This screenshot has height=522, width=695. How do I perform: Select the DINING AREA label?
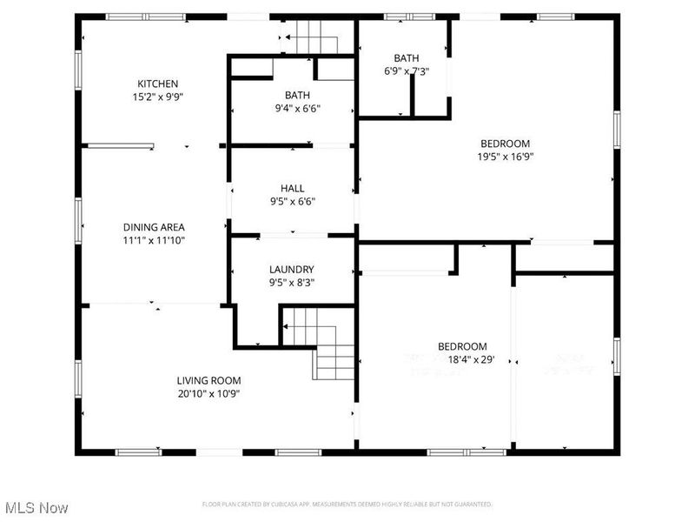(x=153, y=227)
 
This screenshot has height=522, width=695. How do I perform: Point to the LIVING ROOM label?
(x=208, y=380)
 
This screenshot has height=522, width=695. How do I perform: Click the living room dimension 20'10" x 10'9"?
(x=208, y=393)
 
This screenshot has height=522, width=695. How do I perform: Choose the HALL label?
(x=292, y=188)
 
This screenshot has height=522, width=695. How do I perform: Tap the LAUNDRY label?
(x=292, y=270)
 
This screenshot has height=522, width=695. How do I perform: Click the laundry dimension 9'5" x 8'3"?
(x=292, y=283)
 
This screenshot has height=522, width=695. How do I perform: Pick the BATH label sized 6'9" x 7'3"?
(x=407, y=57)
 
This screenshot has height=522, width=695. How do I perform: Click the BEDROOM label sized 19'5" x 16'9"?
(x=505, y=144)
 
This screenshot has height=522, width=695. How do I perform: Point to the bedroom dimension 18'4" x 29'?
(x=470, y=358)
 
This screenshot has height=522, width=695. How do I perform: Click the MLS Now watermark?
(x=36, y=506)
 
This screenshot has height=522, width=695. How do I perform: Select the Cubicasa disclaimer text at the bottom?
(x=347, y=504)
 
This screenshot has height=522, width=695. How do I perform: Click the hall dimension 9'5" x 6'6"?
(x=292, y=202)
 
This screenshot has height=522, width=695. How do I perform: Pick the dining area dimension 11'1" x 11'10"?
(x=153, y=240)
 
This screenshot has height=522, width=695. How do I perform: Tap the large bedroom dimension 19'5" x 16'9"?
(x=505, y=157)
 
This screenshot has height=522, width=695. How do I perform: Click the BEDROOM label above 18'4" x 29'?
(x=462, y=345)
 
